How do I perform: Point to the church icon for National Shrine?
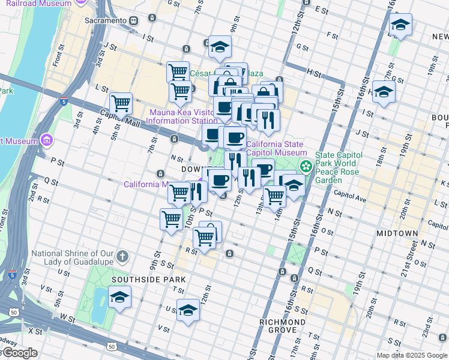(x=122, y=257)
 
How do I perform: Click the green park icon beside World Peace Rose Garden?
(x=306, y=166)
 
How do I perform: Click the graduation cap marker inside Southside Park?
(x=119, y=298)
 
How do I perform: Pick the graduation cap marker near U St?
(x=188, y=310)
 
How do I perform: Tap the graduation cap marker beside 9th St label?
(x=220, y=47)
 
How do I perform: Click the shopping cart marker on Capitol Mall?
(x=121, y=103)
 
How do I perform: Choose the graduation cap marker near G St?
(x=400, y=25)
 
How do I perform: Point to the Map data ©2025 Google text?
(x=411, y=355)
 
